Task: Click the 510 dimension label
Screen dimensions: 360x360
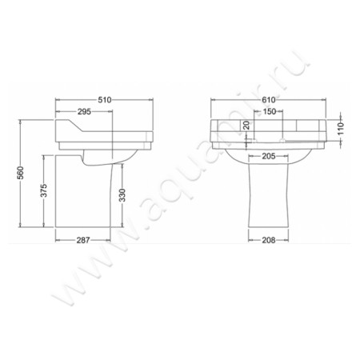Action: click(x=105, y=100)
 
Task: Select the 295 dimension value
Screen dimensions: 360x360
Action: click(x=84, y=112)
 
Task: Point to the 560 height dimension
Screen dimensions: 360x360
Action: click(x=21, y=173)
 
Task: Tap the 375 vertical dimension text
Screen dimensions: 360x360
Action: click(x=44, y=190)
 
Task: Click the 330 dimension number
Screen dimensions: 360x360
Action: click(x=122, y=195)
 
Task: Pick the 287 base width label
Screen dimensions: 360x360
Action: click(x=83, y=240)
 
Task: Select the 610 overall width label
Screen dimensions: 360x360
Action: click(x=268, y=100)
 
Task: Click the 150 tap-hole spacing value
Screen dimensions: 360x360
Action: click(x=270, y=111)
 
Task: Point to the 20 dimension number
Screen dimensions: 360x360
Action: click(x=246, y=125)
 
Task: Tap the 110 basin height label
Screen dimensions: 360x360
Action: click(x=341, y=129)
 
